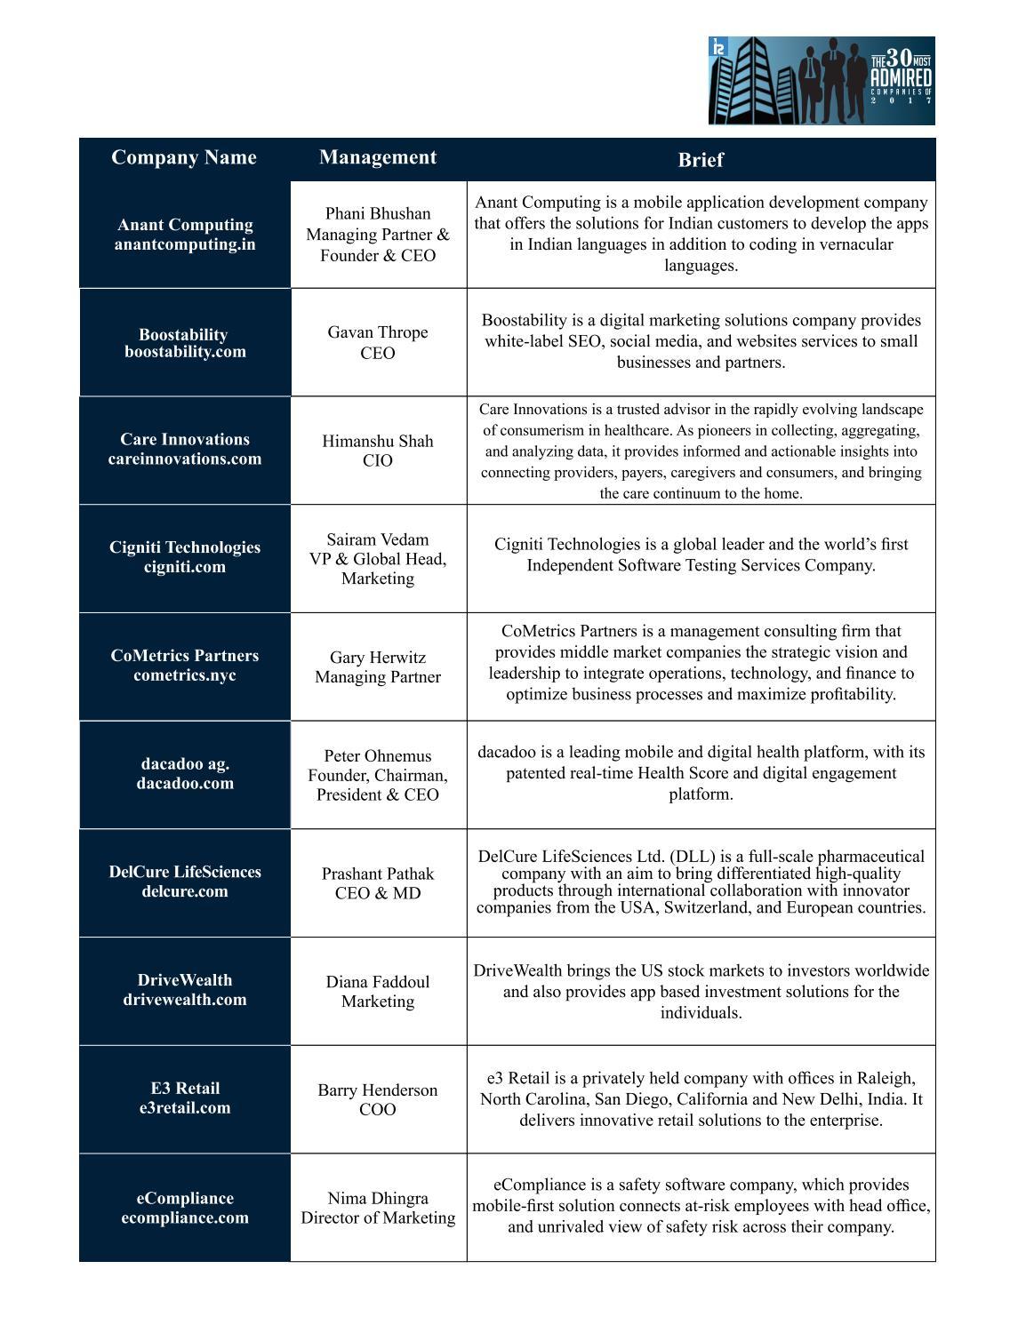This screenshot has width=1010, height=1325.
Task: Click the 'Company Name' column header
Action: click(184, 158)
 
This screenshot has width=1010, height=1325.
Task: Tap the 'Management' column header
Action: click(378, 158)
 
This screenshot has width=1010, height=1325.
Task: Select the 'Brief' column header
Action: click(701, 160)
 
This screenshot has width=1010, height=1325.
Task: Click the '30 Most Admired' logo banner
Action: click(822, 81)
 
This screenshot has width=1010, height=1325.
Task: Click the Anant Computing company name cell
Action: click(185, 235)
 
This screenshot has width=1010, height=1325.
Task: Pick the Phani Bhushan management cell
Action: click(378, 235)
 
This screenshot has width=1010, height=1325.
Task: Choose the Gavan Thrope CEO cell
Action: click(378, 342)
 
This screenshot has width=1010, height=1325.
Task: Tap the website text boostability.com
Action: click(185, 352)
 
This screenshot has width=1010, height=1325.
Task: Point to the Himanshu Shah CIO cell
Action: click(378, 451)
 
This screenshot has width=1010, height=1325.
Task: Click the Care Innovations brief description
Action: click(701, 451)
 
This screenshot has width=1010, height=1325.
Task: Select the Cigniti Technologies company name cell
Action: click(185, 557)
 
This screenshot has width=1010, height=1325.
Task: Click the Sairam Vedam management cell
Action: click(378, 559)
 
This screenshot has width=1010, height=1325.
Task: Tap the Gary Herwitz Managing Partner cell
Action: click(378, 666)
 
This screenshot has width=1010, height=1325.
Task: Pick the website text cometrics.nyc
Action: click(185, 675)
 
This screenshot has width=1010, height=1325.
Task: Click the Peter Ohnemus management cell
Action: click(378, 775)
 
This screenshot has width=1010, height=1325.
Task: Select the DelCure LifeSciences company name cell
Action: click(185, 882)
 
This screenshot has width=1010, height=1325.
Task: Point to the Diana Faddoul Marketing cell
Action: click(378, 991)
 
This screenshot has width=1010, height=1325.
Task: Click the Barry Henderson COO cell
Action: click(378, 1099)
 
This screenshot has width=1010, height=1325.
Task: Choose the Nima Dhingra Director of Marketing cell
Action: click(378, 1208)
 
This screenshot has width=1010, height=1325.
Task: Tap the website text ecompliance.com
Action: click(185, 1218)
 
